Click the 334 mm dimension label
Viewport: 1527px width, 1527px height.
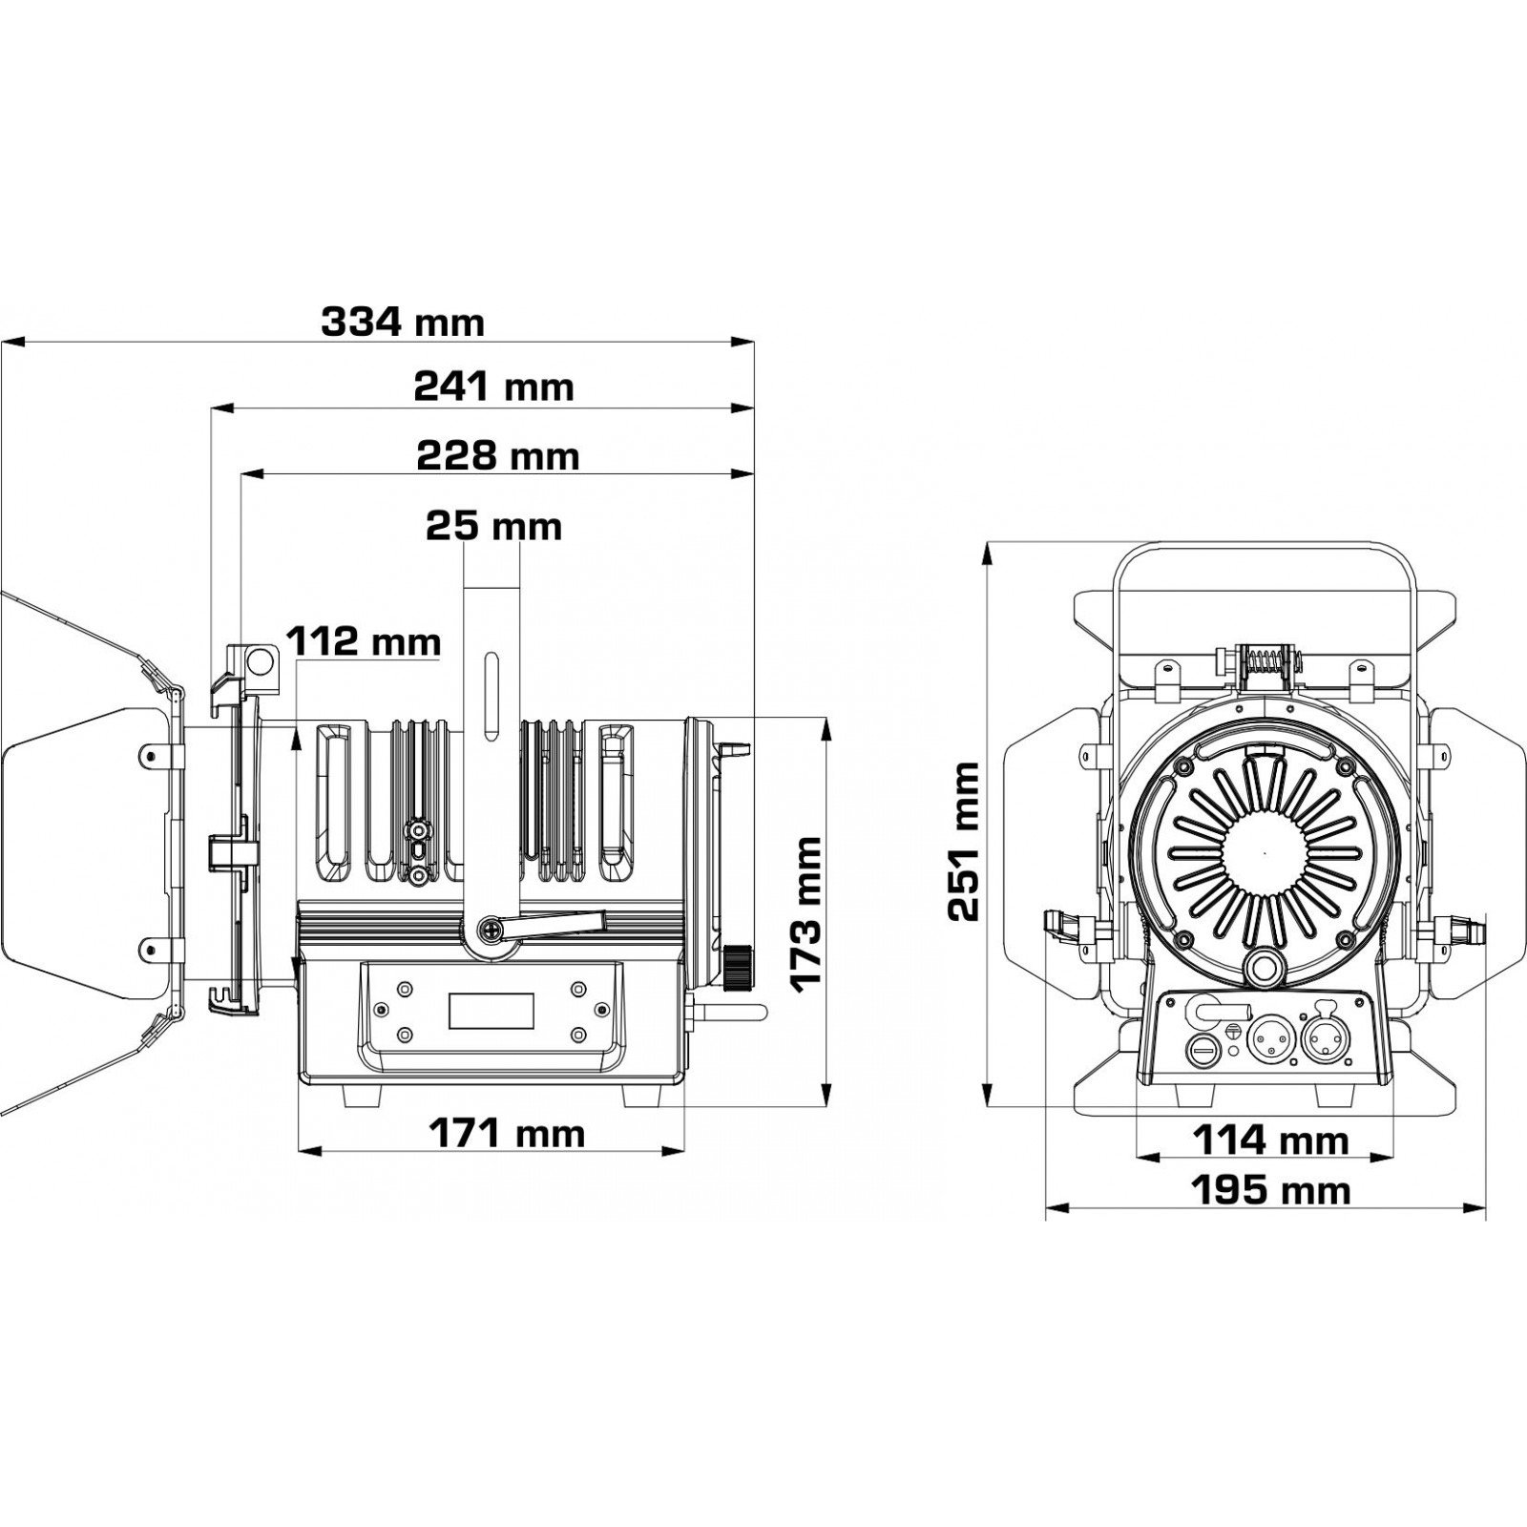(402, 324)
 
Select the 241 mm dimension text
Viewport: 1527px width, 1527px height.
(493, 387)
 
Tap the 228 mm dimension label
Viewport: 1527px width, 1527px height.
(497, 455)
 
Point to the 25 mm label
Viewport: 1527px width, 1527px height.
(493, 526)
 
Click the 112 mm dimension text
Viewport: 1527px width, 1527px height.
(365, 642)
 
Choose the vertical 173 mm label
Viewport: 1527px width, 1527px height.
(806, 914)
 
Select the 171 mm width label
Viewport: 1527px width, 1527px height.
(506, 1134)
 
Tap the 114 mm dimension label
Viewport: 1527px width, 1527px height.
(1271, 1140)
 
